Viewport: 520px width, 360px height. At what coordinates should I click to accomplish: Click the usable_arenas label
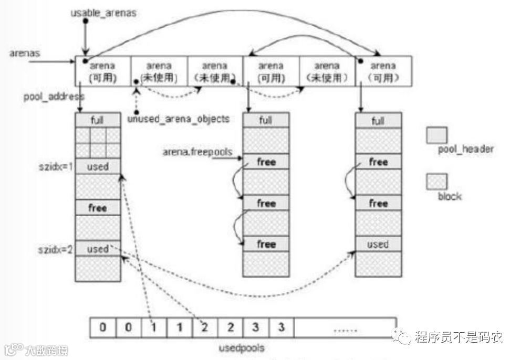(x=103, y=13)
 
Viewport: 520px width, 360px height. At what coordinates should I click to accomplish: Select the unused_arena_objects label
(x=179, y=119)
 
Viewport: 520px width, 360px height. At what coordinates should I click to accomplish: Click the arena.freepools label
(x=197, y=152)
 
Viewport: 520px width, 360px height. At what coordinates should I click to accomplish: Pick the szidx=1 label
(x=55, y=166)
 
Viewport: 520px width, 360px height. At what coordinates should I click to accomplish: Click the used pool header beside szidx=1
(x=98, y=167)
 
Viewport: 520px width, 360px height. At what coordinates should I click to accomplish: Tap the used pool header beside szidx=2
(x=98, y=248)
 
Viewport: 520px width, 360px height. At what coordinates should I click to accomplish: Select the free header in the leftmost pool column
(x=98, y=208)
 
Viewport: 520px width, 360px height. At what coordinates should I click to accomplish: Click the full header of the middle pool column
(x=266, y=120)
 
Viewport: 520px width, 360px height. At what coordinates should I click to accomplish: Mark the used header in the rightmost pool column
(x=378, y=244)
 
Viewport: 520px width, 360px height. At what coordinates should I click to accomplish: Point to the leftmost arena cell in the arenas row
(x=103, y=71)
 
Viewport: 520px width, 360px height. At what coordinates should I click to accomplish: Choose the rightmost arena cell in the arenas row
(x=383, y=71)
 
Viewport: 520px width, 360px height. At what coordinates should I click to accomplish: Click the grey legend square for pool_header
(x=437, y=134)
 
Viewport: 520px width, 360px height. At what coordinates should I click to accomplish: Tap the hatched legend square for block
(x=437, y=182)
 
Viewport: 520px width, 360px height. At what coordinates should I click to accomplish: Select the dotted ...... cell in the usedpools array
(x=345, y=328)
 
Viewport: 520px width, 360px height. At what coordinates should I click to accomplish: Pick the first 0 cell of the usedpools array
(x=103, y=328)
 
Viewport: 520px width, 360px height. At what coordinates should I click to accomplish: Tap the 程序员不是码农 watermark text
(x=458, y=336)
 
